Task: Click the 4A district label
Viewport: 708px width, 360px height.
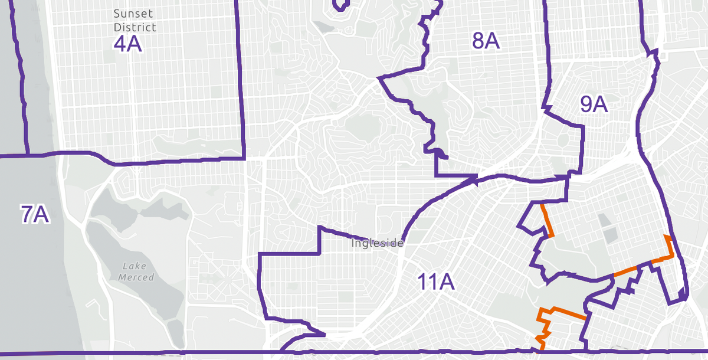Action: click(x=127, y=44)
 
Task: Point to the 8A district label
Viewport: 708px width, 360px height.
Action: click(x=486, y=41)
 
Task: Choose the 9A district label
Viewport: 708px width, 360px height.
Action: click(x=594, y=104)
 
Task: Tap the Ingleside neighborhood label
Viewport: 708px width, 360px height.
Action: click(x=378, y=243)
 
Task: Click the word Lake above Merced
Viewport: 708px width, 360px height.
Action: click(x=136, y=267)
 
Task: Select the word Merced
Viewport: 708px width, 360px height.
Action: click(x=136, y=277)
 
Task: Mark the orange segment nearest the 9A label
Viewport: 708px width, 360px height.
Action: click(x=547, y=220)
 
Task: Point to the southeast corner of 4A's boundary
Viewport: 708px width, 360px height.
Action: click(x=244, y=158)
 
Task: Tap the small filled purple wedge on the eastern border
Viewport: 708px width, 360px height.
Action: click(x=683, y=292)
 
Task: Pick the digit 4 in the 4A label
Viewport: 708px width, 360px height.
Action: click(x=120, y=44)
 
